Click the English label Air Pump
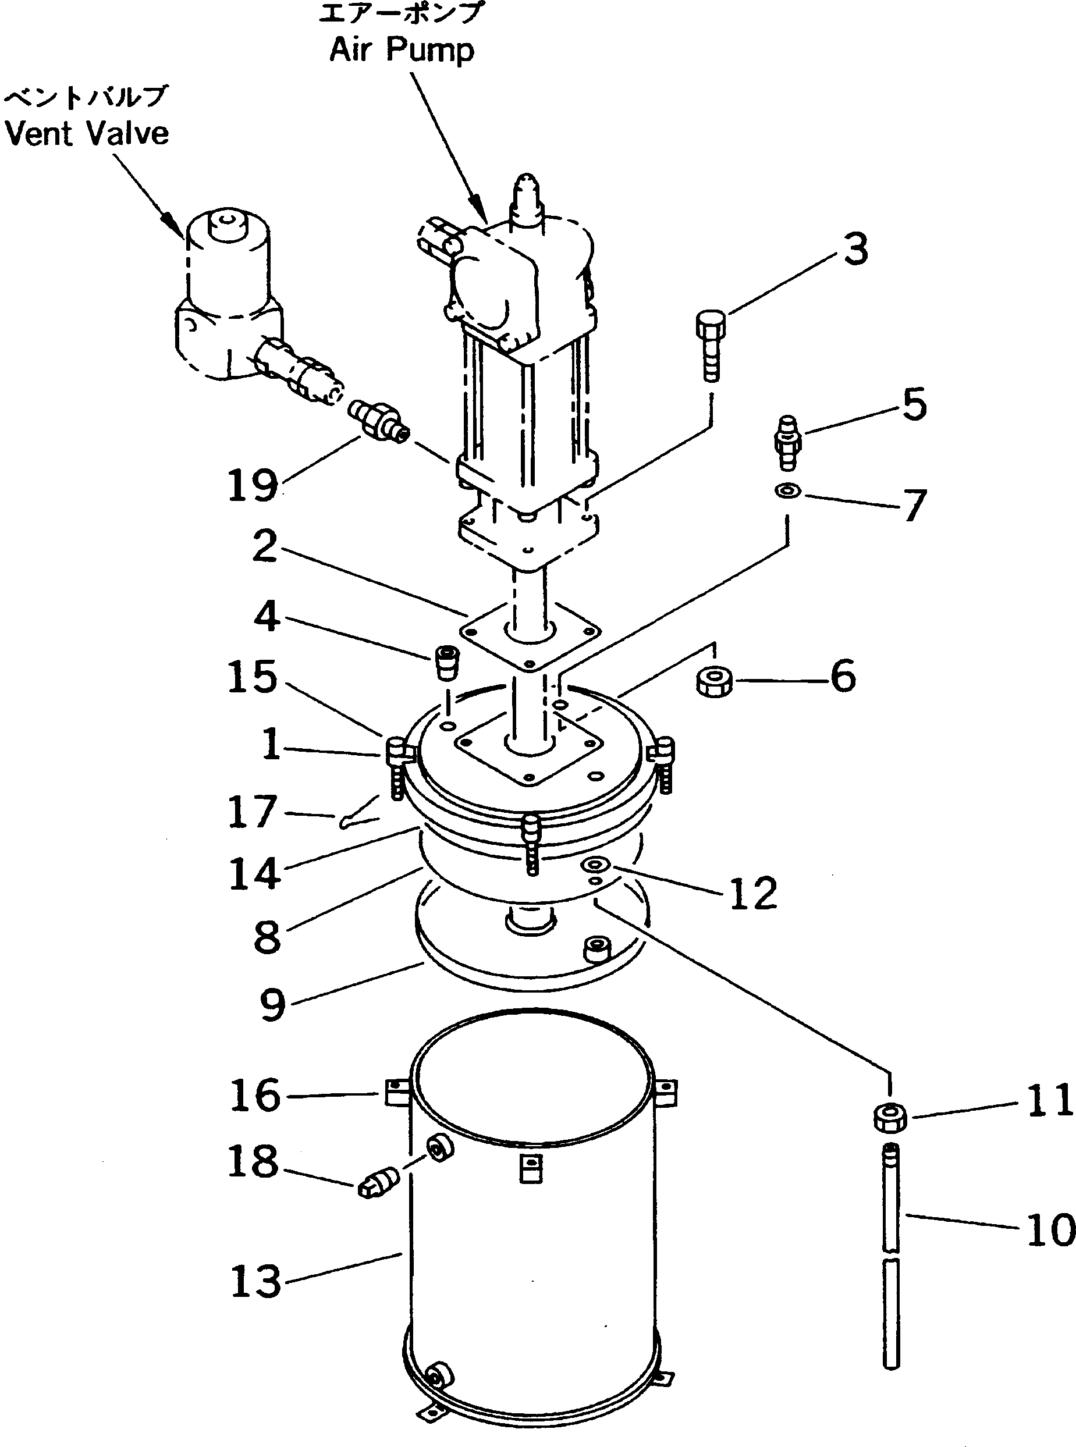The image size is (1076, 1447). point(402,50)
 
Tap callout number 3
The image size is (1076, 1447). point(856,250)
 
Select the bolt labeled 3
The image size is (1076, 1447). point(710,345)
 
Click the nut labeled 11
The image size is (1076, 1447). point(890,1118)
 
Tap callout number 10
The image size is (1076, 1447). point(1049,1231)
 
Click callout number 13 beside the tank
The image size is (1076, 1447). point(255,1282)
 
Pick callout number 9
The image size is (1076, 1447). point(272,1005)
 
